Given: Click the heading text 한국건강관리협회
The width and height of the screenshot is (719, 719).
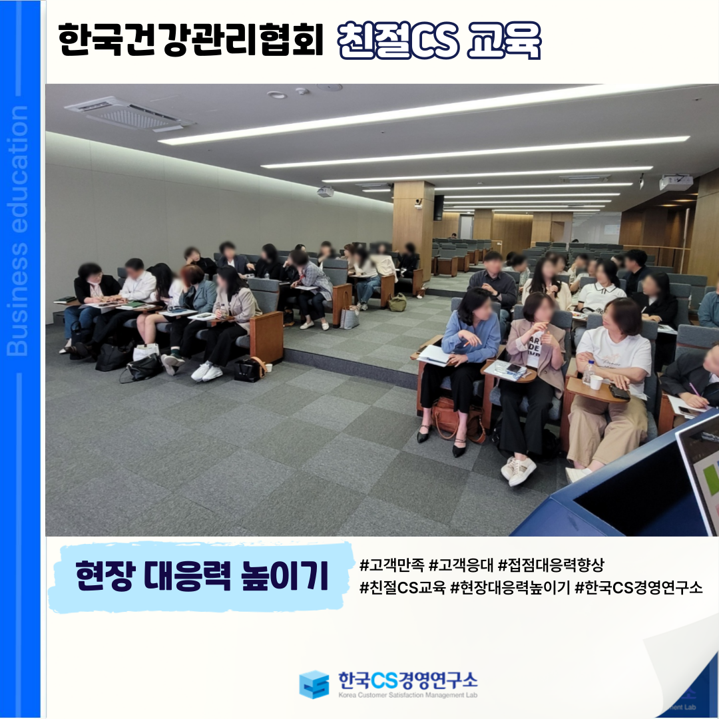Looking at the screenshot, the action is pos(191,39).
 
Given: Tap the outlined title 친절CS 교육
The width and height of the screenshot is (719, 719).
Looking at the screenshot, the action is pos(439,41).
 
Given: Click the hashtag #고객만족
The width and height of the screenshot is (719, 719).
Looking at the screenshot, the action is pos(391,565).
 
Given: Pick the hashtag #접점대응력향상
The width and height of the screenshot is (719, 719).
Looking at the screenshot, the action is pos(551,565).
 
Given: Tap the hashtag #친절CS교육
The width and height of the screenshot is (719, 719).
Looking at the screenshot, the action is pos(402,587).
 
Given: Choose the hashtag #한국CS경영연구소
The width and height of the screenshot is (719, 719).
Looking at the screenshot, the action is pos(638,587).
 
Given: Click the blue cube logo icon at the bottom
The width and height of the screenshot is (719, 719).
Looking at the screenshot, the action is pos(314,684).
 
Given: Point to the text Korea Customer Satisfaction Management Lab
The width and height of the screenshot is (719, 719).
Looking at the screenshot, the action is pos(407,695).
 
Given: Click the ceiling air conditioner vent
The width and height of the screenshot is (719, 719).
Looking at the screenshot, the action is pos(129,113).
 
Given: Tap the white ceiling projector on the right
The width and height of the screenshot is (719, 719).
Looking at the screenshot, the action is pos(676,182).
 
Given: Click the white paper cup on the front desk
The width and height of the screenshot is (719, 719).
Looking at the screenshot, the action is pos(596,382).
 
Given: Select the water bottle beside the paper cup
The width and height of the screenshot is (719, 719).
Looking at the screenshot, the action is pos(587,372).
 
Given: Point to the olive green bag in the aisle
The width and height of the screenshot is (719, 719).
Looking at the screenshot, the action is pos(397,302).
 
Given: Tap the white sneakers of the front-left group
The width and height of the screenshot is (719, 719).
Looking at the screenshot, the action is pos(207,371).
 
